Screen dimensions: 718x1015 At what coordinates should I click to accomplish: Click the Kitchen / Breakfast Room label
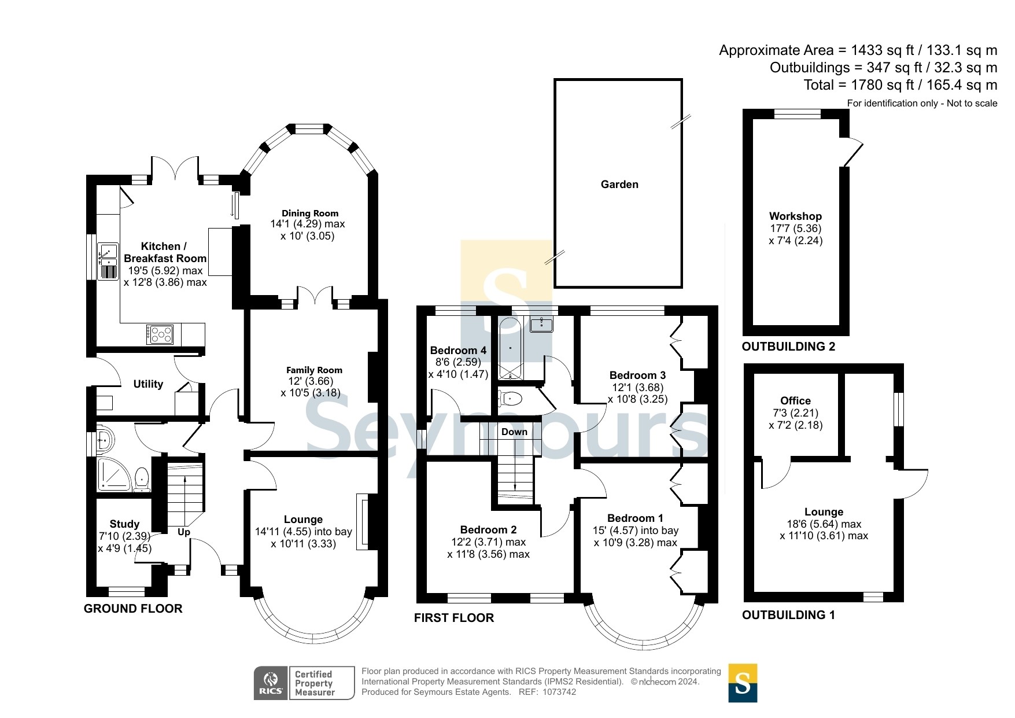click(164, 252)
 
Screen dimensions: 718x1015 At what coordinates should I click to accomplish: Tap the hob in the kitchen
click(160, 334)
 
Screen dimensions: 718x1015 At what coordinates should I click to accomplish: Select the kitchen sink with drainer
click(108, 262)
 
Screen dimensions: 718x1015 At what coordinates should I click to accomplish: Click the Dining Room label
click(310, 213)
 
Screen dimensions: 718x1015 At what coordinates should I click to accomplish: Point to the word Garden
click(619, 185)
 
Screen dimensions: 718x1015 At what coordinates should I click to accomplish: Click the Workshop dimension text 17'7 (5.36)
click(795, 229)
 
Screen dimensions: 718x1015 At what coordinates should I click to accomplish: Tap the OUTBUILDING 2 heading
click(788, 347)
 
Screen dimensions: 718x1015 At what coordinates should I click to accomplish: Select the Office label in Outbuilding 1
click(795, 401)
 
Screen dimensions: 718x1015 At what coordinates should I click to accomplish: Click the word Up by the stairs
click(184, 532)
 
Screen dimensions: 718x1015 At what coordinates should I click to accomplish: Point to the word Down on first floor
click(514, 432)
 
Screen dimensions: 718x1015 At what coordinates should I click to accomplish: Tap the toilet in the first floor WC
click(511, 398)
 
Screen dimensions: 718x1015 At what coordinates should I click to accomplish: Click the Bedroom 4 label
click(458, 351)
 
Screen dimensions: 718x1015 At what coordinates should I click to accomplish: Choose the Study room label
click(124, 524)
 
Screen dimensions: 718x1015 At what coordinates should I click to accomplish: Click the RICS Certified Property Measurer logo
click(304, 683)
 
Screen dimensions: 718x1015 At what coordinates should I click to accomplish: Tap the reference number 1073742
click(559, 692)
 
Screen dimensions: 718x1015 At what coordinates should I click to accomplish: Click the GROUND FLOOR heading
click(133, 609)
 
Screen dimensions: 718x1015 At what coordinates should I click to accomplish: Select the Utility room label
click(148, 384)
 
